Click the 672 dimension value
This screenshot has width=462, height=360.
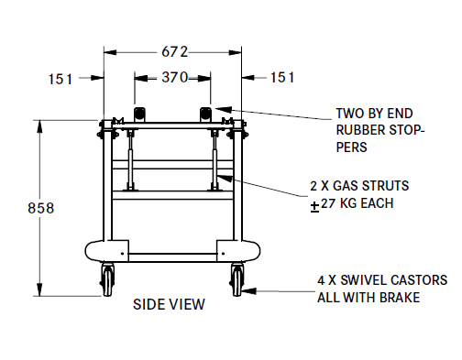174,52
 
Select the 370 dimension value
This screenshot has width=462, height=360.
175,77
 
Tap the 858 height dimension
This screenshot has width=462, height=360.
41,208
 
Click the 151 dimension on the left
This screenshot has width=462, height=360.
60,79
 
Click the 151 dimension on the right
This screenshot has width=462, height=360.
282,77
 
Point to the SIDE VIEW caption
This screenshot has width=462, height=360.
169,304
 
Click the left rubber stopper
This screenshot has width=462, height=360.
139,115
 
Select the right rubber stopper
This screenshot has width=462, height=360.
205,115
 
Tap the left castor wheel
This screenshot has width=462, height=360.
107,279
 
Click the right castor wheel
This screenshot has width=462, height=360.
237,279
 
